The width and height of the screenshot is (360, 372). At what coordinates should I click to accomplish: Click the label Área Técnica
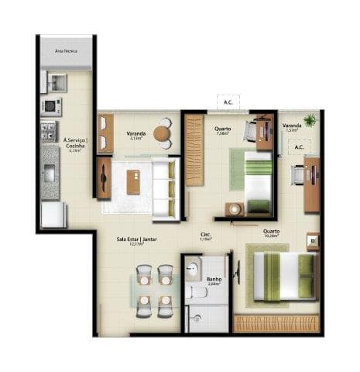[66, 50]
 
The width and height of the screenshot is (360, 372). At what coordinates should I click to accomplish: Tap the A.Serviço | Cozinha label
[77, 145]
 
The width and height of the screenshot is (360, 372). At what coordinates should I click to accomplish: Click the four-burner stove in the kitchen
[49, 129]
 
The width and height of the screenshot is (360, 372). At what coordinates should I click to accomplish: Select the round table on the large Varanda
[163, 134]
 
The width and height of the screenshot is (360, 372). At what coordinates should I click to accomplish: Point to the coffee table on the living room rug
[133, 181]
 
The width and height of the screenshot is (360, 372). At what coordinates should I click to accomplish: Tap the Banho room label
[214, 281]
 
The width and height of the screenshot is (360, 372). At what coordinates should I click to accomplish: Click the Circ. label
[206, 236]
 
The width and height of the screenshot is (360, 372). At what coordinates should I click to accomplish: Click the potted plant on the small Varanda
[310, 120]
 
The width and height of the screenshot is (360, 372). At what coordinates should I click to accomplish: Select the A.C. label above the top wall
[228, 102]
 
